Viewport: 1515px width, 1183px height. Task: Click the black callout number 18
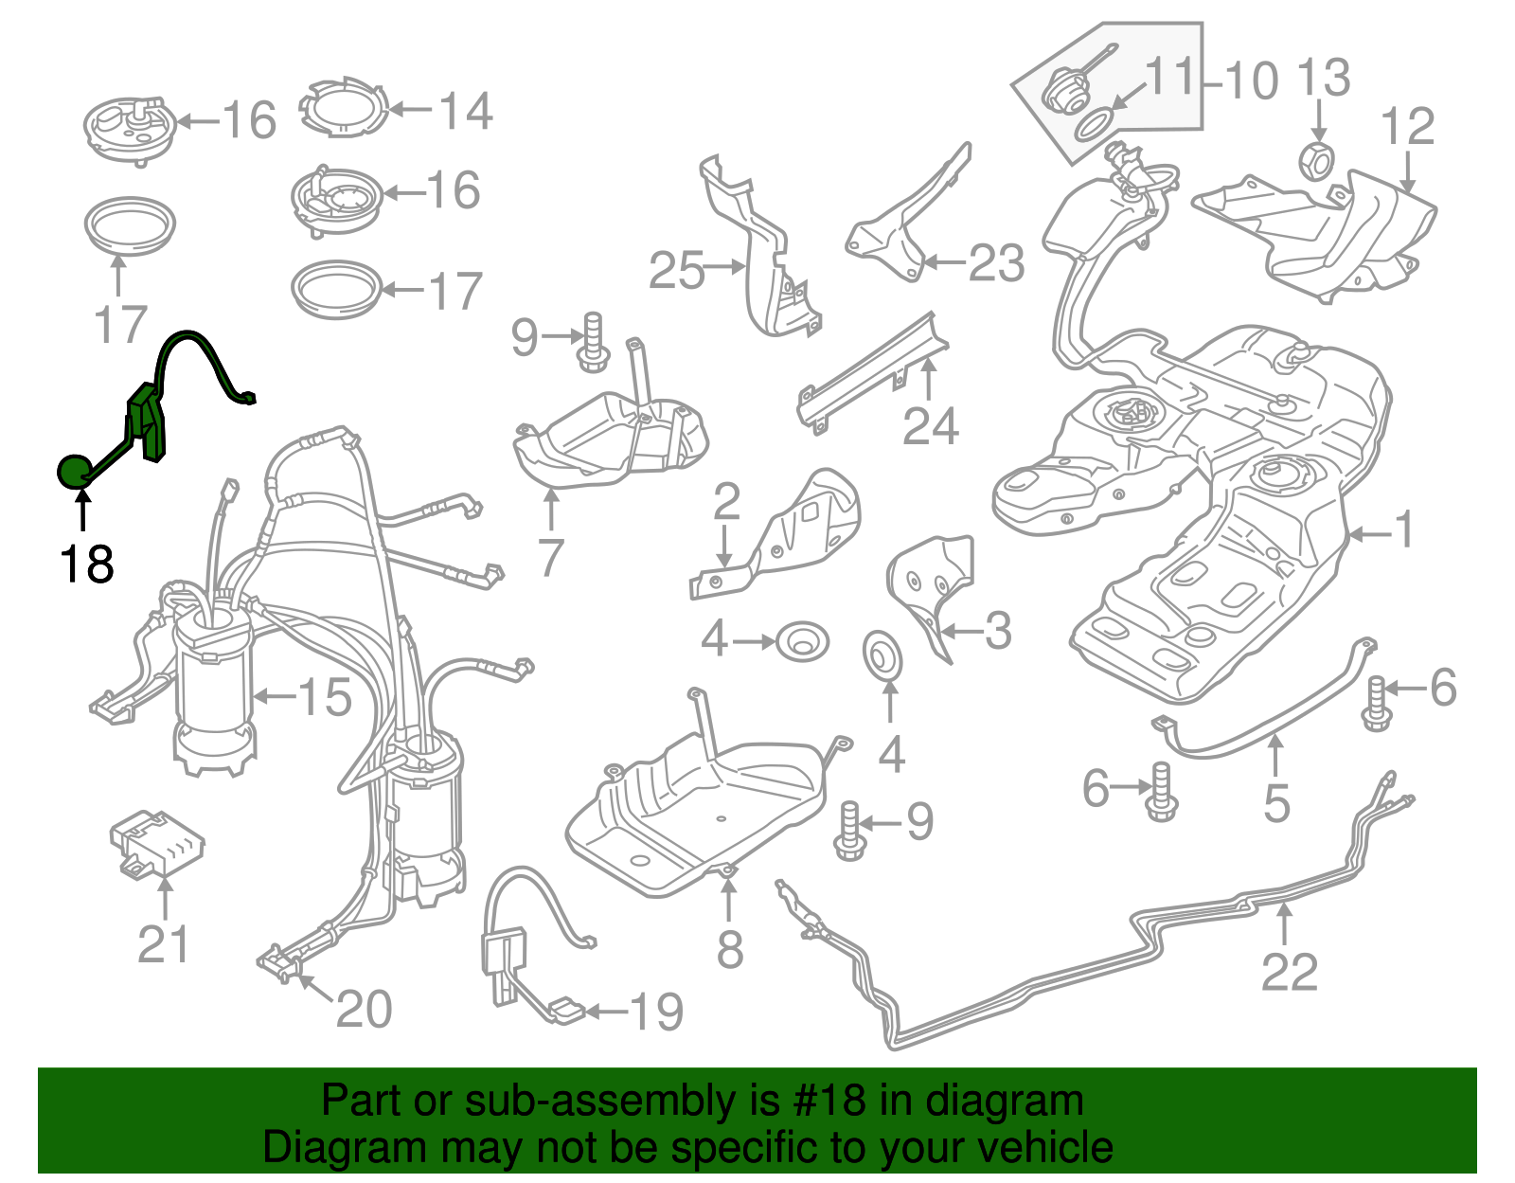(x=86, y=565)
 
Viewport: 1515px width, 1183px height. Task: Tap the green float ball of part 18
(x=75, y=470)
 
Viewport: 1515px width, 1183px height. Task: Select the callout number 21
(x=163, y=944)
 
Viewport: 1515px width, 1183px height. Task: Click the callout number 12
(x=1407, y=127)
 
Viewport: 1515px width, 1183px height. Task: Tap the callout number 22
(x=1289, y=973)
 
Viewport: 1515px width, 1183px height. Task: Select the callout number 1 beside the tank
(x=1405, y=529)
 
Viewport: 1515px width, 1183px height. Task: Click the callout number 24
(x=930, y=426)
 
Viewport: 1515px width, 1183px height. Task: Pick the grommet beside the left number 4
(x=802, y=643)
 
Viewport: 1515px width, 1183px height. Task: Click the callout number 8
(x=729, y=949)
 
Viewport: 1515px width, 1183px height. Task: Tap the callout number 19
(x=656, y=1013)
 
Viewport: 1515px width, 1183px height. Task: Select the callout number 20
(x=364, y=1010)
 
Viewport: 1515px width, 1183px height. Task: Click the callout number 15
(x=325, y=698)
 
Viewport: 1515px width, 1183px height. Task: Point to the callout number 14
(x=465, y=111)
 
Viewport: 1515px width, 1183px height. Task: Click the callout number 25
(x=677, y=271)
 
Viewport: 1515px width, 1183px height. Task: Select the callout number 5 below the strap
(x=1276, y=803)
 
